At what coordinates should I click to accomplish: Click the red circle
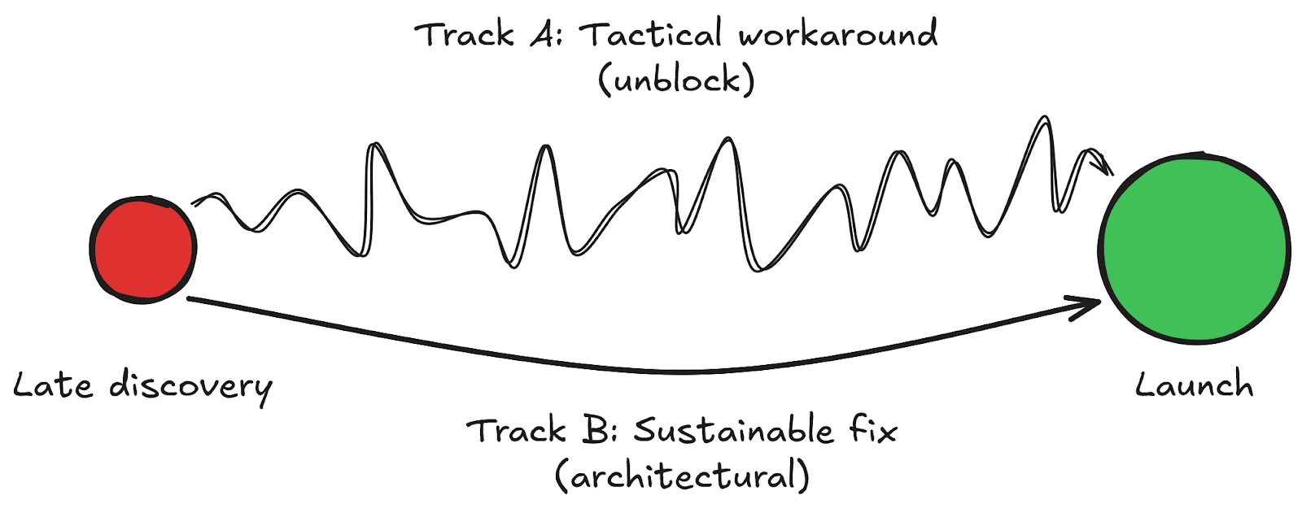(143, 250)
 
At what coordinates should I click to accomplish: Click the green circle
(1194, 248)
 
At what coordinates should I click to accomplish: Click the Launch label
(1194, 384)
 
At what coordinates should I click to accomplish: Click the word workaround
(838, 35)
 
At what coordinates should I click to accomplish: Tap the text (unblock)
(676, 80)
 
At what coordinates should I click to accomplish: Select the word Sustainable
(733, 430)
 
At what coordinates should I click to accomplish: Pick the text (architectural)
(682, 476)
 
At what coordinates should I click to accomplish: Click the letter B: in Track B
(599, 430)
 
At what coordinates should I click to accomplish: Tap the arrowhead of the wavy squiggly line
(1108, 168)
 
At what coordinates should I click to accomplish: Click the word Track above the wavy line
(465, 35)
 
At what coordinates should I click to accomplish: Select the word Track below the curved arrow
(518, 430)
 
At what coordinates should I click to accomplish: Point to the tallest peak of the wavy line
(1043, 119)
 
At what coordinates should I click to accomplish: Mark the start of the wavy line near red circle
(194, 203)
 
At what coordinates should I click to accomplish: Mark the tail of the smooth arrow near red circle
(190, 299)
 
